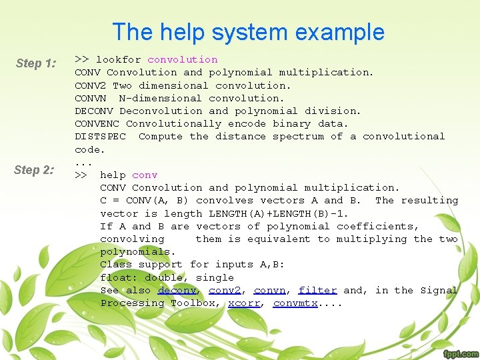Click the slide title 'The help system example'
[248, 32]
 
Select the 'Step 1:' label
[36, 63]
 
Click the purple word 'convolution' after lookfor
[183, 59]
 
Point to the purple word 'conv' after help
[145, 175]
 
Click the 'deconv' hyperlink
[177, 290]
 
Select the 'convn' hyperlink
[269, 290]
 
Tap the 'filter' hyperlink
[317, 290]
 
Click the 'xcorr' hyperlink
[243, 303]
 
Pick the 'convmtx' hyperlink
[295, 303]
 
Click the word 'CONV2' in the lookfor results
[90, 85]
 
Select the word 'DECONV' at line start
[93, 111]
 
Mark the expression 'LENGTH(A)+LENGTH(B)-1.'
[279, 213]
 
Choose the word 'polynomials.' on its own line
[138, 251]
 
